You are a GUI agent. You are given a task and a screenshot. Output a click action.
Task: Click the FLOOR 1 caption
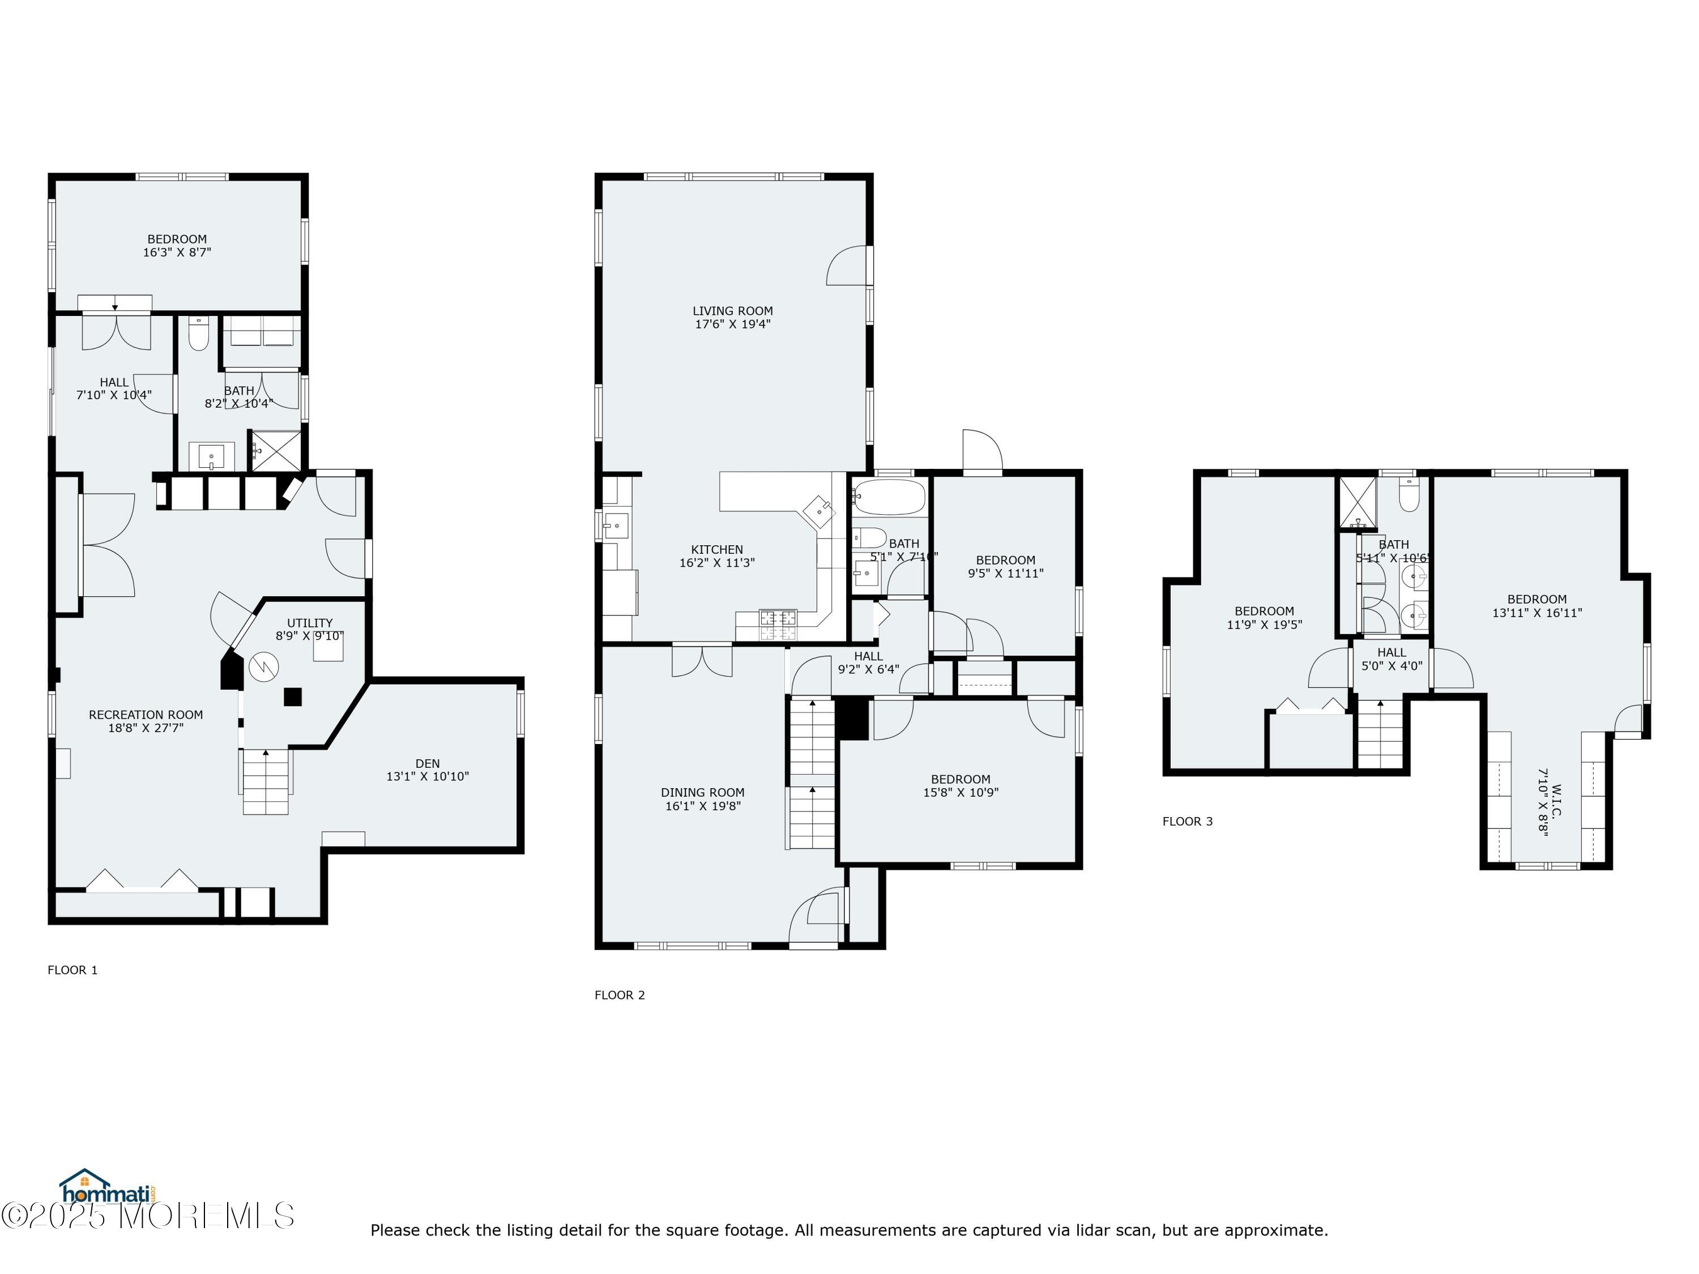72,970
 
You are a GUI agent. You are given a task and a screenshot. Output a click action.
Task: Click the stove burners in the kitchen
778,625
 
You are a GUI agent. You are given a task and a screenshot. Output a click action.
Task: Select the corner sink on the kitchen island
819,511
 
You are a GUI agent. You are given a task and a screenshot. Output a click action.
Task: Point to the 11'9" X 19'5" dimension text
1263,625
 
